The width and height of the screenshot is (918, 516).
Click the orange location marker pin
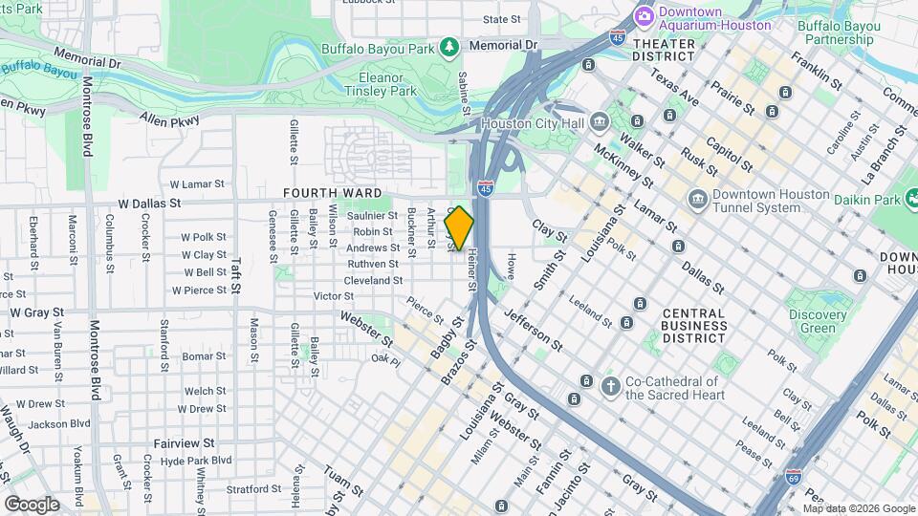(x=460, y=228)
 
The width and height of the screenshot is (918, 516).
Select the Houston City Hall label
(x=532, y=123)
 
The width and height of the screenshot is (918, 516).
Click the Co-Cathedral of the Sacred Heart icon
(x=611, y=386)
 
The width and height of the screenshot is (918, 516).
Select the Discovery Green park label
(x=817, y=322)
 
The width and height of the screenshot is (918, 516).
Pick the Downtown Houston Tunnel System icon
(x=697, y=200)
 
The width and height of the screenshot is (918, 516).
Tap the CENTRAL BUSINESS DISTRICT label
(x=693, y=326)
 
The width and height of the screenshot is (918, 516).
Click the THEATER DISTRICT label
(x=664, y=50)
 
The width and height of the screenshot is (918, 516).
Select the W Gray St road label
(x=37, y=312)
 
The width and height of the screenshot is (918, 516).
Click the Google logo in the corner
(x=32, y=504)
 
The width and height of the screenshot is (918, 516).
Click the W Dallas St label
(x=149, y=204)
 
